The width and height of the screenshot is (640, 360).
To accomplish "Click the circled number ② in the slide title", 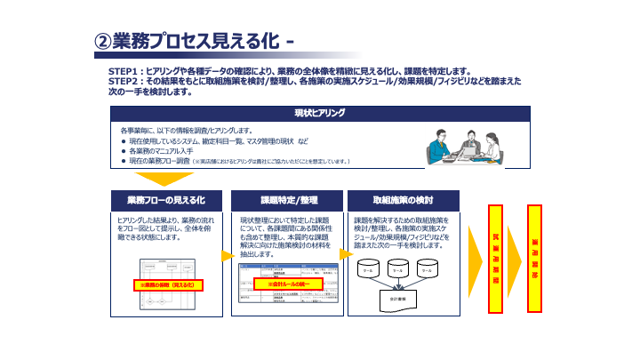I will coord(103,41).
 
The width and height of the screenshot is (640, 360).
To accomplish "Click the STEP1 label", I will coord(125,70).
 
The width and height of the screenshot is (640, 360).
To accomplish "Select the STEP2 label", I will coord(125,81).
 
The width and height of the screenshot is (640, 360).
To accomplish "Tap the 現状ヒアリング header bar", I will coord(319,113).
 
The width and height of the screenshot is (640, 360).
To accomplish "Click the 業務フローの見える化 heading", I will coord(165,199).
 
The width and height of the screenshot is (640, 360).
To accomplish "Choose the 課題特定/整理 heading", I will coord(283,199).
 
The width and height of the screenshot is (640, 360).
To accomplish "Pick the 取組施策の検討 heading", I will coord(404,199).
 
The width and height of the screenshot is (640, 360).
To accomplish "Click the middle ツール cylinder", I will coord(399,270).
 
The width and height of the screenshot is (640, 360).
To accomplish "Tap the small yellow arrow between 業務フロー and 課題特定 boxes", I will coord(226,255).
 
